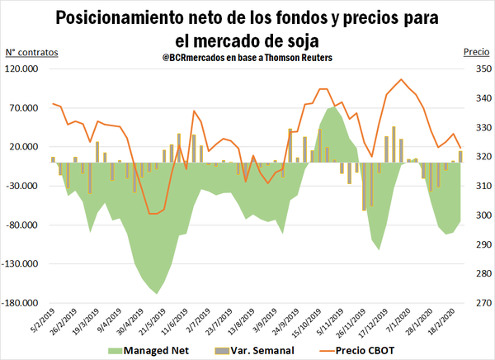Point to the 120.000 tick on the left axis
pyautogui.click(x=24, y=69)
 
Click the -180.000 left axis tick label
pyautogui.click(x=22, y=303)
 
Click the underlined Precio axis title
pyautogui.click(x=475, y=51)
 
